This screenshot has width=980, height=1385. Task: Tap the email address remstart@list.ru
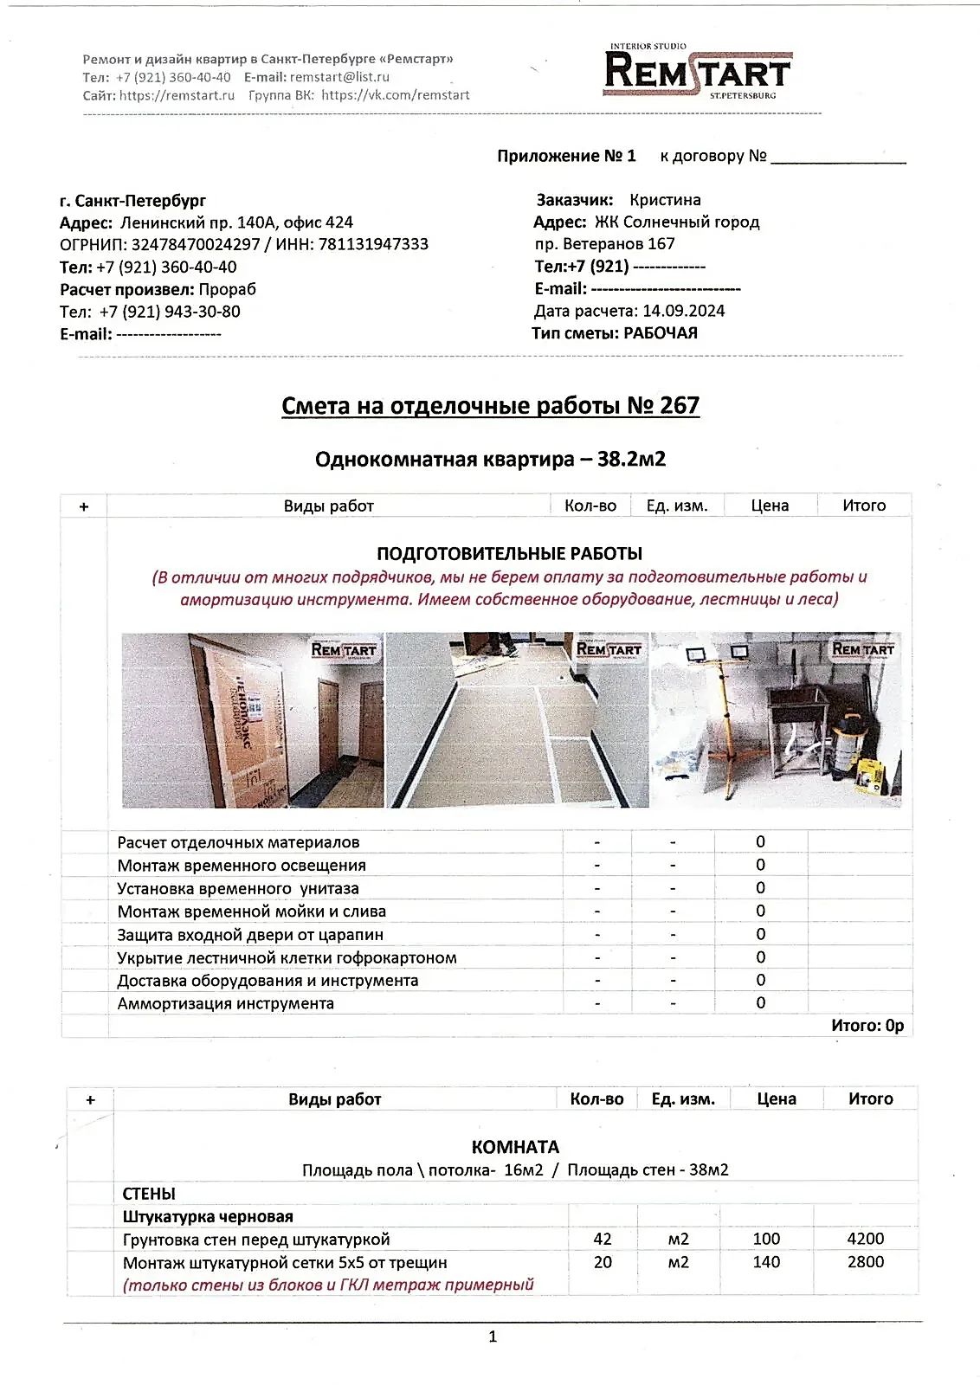(339, 77)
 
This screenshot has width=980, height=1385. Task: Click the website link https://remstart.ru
(177, 95)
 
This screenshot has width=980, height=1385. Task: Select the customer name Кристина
(665, 200)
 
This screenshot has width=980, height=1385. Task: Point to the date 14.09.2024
(683, 311)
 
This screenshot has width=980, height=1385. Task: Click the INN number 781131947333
(373, 244)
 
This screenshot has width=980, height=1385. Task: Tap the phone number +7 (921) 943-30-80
(170, 312)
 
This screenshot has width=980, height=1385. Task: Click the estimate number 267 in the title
(679, 405)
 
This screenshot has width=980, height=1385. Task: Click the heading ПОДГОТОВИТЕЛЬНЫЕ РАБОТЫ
(509, 553)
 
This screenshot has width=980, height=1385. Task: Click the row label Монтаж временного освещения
(242, 866)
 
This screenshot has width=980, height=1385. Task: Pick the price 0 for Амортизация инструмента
(760, 1002)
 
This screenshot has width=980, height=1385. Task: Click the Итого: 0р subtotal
(867, 1026)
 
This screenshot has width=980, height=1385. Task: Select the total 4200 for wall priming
(865, 1239)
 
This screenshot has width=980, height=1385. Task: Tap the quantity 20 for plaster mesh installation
(603, 1262)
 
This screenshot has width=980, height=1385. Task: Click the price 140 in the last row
(766, 1262)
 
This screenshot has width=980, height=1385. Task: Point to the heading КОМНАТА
(515, 1147)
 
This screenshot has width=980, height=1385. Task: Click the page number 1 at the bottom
(493, 1337)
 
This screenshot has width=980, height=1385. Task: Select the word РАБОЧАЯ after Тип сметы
(660, 333)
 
